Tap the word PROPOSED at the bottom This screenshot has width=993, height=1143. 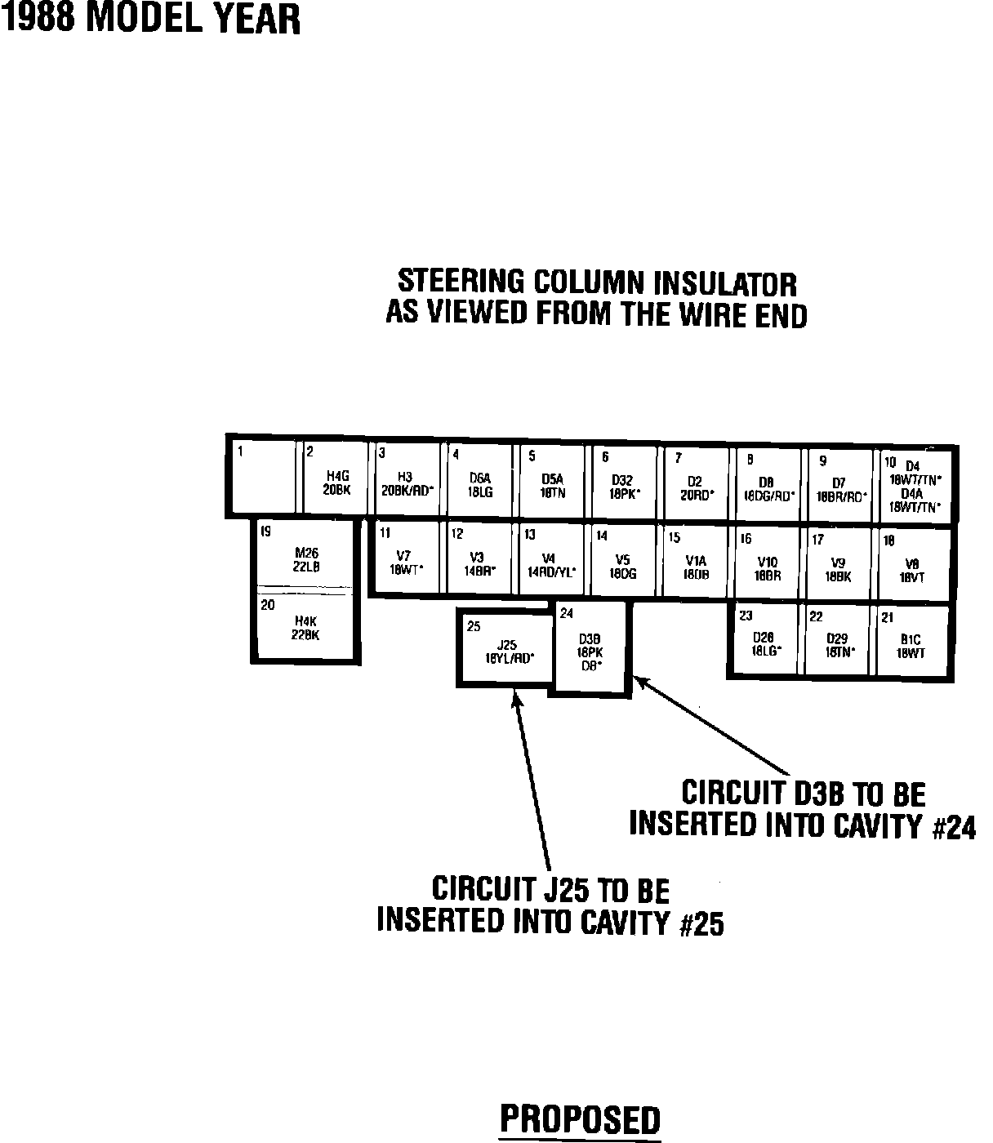pyautogui.click(x=580, y=1119)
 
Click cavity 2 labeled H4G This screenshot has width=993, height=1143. pyautogui.click(x=336, y=482)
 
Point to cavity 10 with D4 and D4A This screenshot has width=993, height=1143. pyautogui.click(x=914, y=487)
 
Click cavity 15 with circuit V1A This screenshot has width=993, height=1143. pyautogui.click(x=695, y=563)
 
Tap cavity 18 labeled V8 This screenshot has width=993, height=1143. pyautogui.click(x=912, y=565)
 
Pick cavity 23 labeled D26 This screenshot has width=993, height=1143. pyautogui.click(x=766, y=640)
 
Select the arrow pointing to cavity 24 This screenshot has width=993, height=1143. pyautogui.click(x=710, y=726)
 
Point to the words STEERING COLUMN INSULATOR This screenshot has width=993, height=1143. pyautogui.click(x=597, y=282)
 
